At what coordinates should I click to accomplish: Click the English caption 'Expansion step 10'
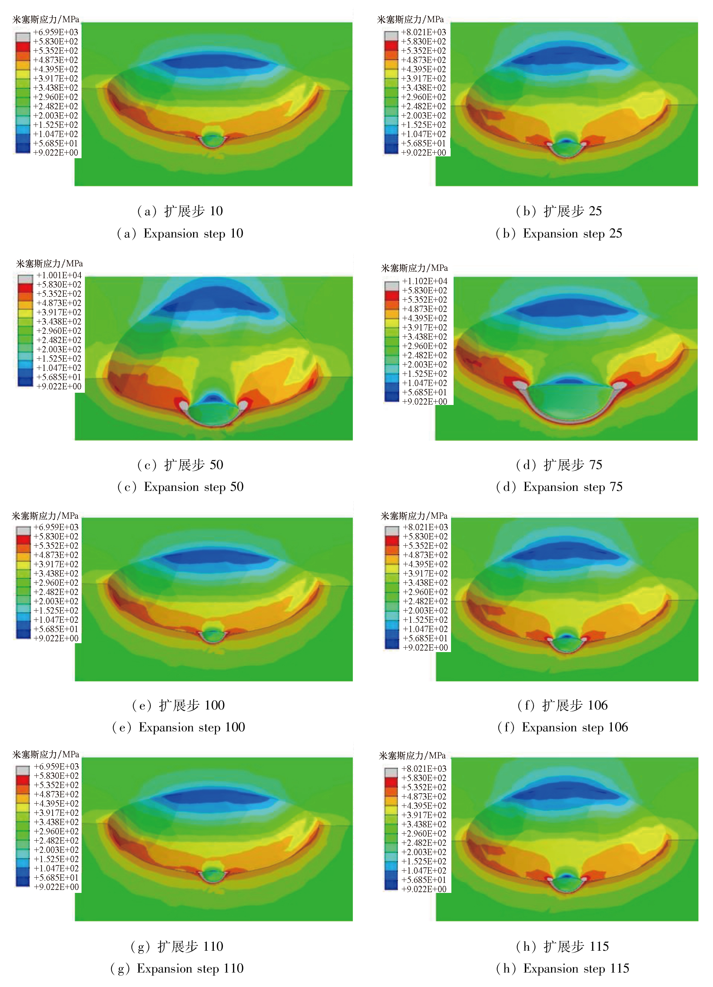180,234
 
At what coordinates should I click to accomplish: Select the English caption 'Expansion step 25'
559,234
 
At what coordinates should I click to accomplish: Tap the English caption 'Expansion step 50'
180,487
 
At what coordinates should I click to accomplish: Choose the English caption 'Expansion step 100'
179,727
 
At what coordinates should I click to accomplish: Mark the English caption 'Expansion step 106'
563,727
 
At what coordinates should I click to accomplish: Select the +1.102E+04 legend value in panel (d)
424,281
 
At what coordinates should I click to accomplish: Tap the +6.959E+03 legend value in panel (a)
56,32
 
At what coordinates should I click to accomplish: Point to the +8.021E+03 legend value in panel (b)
424,32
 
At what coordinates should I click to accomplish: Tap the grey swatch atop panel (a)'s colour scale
23,37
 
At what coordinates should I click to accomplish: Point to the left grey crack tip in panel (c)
184,405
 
